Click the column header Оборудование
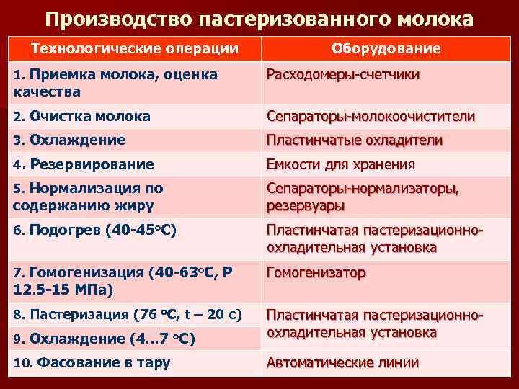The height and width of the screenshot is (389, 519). (x=386, y=48)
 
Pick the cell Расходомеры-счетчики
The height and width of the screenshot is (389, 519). (x=343, y=75)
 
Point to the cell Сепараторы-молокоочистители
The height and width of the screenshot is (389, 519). (x=371, y=116)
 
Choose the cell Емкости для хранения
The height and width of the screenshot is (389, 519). (x=340, y=164)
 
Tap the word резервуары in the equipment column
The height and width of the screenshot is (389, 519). (x=305, y=205)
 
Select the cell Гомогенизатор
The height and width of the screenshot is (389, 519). (x=316, y=273)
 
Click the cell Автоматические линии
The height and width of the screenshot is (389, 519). (x=342, y=362)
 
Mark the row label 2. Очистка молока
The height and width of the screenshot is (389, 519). (x=82, y=116)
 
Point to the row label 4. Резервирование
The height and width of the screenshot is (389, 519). (x=84, y=164)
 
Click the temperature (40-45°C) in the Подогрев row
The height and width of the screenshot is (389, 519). (x=141, y=231)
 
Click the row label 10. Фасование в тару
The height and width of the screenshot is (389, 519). (x=92, y=362)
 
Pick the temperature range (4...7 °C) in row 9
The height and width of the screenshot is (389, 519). (x=164, y=338)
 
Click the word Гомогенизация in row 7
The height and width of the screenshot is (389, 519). (x=86, y=273)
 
